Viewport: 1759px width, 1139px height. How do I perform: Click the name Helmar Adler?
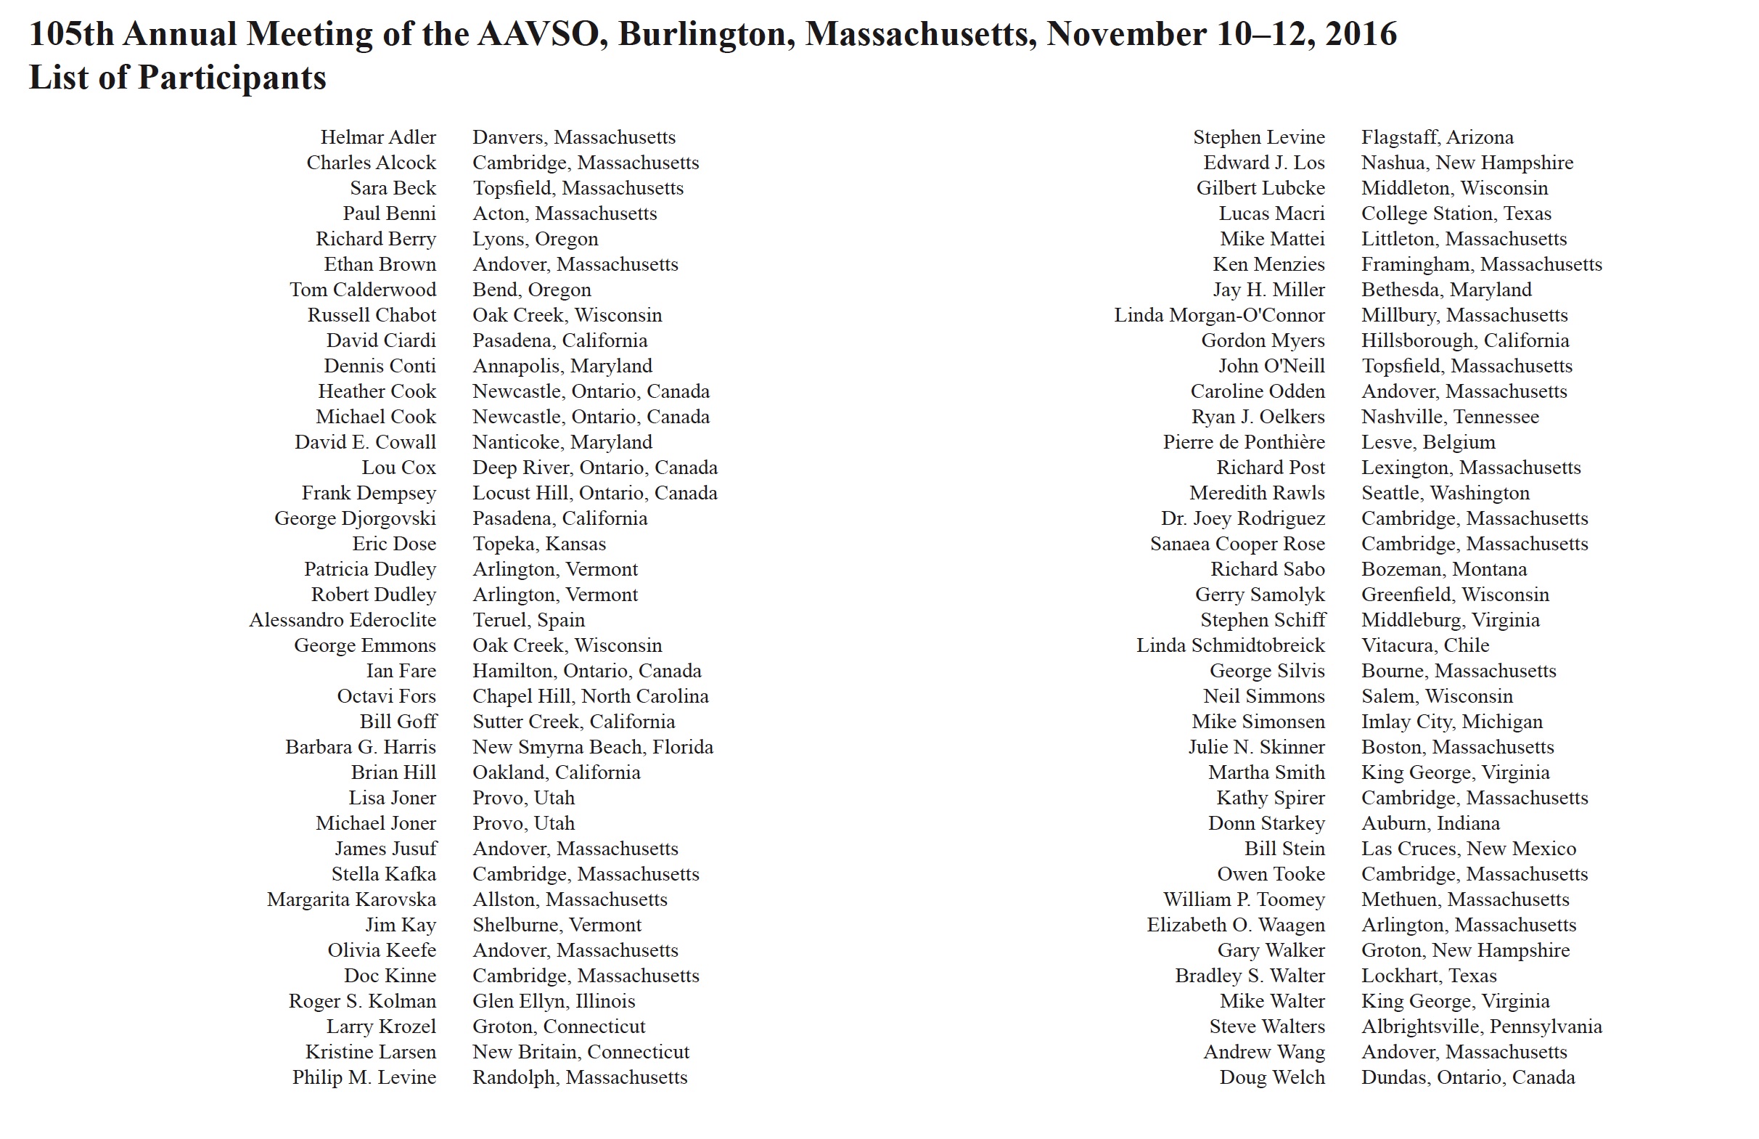pyautogui.click(x=377, y=137)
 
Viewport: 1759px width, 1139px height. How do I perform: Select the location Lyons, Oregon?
pyautogui.click(x=535, y=239)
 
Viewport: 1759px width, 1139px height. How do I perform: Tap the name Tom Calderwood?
pyautogui.click(x=362, y=290)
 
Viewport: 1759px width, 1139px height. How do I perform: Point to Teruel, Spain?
pyautogui.click(x=528, y=620)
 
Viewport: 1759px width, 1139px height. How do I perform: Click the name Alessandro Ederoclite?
pyautogui.click(x=343, y=620)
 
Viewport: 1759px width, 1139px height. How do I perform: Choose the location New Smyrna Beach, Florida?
pyautogui.click(x=593, y=747)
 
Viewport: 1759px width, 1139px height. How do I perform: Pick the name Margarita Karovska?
pyautogui.click(x=351, y=899)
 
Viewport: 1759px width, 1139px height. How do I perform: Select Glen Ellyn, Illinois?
pyautogui.click(x=554, y=1002)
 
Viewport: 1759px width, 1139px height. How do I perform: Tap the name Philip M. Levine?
pyautogui.click(x=364, y=1077)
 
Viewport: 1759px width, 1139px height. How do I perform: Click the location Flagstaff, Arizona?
pyautogui.click(x=1437, y=137)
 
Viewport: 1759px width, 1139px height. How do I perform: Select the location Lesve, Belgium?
pyautogui.click(x=1428, y=443)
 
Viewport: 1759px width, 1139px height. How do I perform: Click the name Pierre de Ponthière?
pyautogui.click(x=1243, y=443)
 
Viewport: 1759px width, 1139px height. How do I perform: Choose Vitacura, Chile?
pyautogui.click(x=1425, y=646)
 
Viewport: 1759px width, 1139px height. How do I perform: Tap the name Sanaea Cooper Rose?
pyautogui.click(x=1237, y=544)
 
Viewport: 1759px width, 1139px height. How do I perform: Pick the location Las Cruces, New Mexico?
pyautogui.click(x=1469, y=849)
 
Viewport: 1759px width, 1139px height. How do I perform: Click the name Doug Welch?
pyautogui.click(x=1271, y=1077)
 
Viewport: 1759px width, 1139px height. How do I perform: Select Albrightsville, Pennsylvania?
pyautogui.click(x=1481, y=1026)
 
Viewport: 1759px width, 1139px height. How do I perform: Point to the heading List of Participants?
pyautogui.click(x=177, y=78)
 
